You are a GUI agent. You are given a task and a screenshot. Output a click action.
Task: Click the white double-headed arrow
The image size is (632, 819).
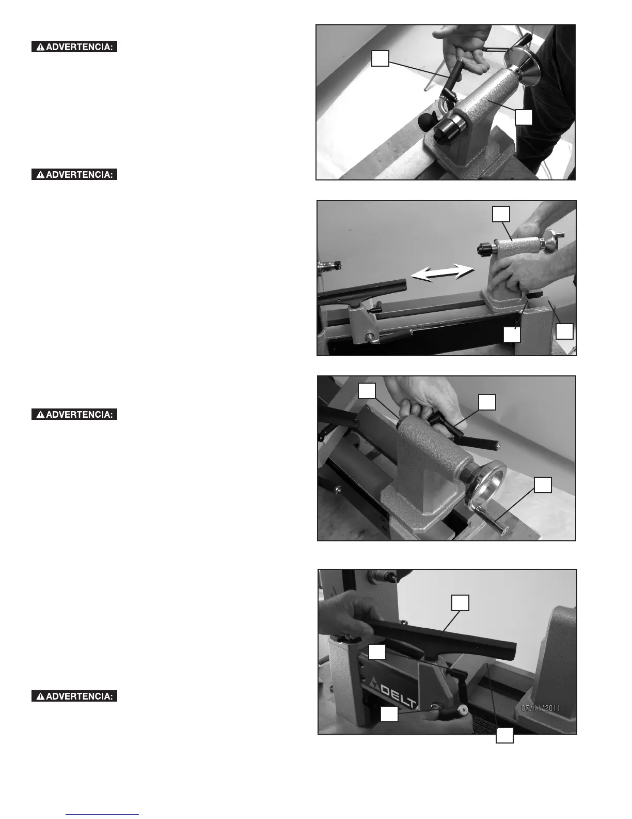(443, 272)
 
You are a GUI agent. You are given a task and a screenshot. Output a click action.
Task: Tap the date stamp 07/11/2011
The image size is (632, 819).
(541, 708)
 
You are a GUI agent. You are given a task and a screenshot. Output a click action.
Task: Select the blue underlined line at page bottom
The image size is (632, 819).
(102, 811)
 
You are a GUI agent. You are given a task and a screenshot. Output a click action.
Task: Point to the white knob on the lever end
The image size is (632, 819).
(462, 710)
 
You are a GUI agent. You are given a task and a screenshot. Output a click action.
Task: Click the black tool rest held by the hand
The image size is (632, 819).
(440, 640)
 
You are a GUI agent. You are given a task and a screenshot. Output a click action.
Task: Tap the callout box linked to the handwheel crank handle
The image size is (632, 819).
(543, 484)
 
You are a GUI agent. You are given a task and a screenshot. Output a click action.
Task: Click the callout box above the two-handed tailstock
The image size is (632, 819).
(501, 214)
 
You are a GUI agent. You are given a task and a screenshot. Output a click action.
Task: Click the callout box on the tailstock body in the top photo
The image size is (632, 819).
(523, 117)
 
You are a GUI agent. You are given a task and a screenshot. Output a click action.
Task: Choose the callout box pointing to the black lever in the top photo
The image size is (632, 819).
(380, 58)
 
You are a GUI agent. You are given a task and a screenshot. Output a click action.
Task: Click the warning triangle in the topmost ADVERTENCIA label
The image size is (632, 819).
(40, 47)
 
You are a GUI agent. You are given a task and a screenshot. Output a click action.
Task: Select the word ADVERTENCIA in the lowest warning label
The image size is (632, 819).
(80, 696)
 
